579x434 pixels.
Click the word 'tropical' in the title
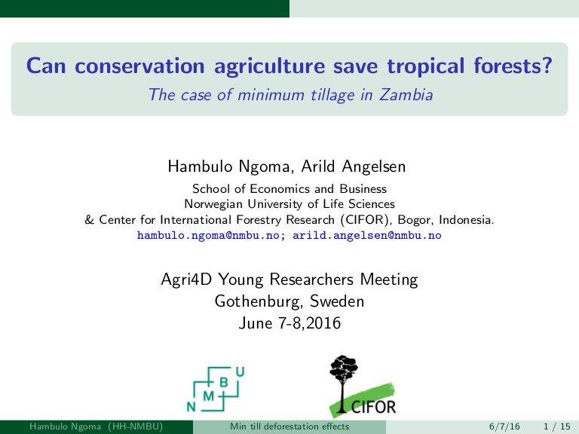[425, 66]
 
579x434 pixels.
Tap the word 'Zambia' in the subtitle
[406, 94]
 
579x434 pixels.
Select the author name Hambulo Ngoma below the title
[229, 167]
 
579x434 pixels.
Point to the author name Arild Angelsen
[354, 167]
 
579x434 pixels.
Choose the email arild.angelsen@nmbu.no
[366, 235]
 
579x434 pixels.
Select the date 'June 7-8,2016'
[289, 323]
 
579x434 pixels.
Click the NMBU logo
[216, 389]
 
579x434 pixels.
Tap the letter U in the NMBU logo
[240, 371]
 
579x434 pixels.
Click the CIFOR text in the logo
[373, 407]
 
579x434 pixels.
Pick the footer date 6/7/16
[504, 426]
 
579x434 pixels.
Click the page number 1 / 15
[557, 426]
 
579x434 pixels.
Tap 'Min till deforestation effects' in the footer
[289, 426]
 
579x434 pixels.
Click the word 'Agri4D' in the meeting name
[186, 280]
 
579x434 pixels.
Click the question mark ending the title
[547, 65]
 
